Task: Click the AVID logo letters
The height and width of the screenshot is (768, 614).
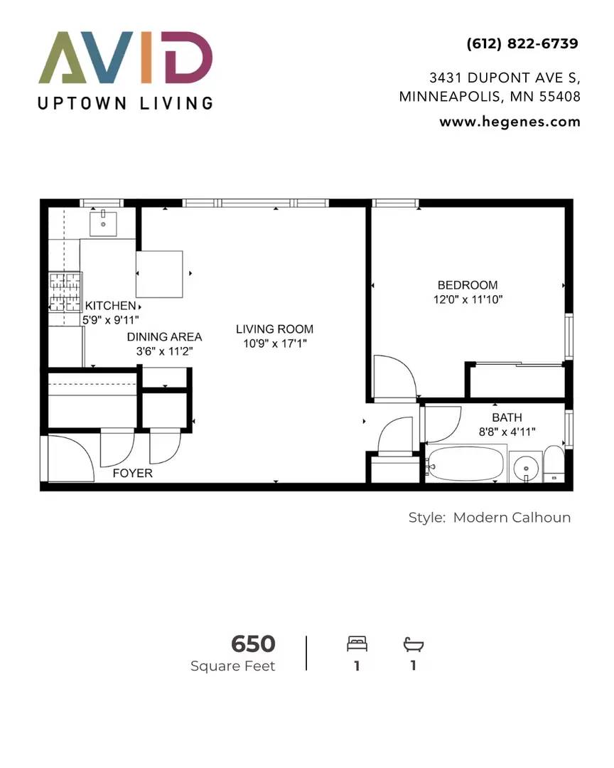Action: (125, 58)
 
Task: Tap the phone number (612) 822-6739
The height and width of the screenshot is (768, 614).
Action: (522, 43)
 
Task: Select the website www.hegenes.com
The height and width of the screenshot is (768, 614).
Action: (510, 122)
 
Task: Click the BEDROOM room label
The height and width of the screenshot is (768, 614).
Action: (468, 285)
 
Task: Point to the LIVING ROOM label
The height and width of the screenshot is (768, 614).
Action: (275, 329)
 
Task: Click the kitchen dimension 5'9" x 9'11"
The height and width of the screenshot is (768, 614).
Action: (111, 320)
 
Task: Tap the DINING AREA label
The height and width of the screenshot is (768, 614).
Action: (165, 337)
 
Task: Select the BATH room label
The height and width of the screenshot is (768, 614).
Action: (507, 418)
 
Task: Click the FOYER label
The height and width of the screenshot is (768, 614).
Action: (133, 473)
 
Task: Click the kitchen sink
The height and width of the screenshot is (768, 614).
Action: (103, 223)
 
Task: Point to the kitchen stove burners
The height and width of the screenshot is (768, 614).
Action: (65, 292)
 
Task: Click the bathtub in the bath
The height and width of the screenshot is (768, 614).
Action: (465, 464)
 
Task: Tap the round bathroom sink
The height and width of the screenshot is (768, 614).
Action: (526, 467)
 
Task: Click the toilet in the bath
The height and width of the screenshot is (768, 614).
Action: (554, 464)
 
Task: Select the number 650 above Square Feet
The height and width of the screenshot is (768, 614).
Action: (253, 644)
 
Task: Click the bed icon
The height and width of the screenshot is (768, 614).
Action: (357, 644)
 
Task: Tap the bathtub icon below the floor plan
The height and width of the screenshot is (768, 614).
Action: (414, 644)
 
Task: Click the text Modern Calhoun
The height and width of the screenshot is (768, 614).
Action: (512, 517)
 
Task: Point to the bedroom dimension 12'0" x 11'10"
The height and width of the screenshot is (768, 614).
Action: (468, 299)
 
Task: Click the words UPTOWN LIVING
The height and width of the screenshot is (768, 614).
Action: (125, 103)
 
